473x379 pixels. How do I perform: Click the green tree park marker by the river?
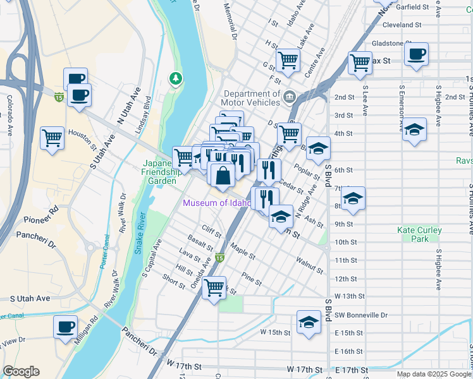tap(175, 78)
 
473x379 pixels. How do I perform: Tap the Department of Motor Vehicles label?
tap(250, 97)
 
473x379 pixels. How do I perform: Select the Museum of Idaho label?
tap(217, 203)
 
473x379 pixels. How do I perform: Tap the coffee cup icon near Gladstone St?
tap(416, 54)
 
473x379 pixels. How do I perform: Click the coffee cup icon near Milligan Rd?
tap(65, 327)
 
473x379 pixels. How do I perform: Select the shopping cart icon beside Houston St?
tap(52, 138)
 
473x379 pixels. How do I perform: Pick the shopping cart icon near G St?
tap(288, 61)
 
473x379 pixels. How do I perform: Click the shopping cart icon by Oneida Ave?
tap(214, 287)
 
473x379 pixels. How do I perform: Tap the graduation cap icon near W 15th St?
tap(308, 322)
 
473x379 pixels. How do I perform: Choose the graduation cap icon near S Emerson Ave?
tap(414, 129)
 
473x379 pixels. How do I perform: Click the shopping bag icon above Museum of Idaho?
tap(223, 176)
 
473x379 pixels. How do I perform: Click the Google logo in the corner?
tap(21, 371)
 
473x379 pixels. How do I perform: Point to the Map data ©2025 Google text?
tap(434, 374)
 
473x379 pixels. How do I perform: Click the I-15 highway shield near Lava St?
tap(219, 258)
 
